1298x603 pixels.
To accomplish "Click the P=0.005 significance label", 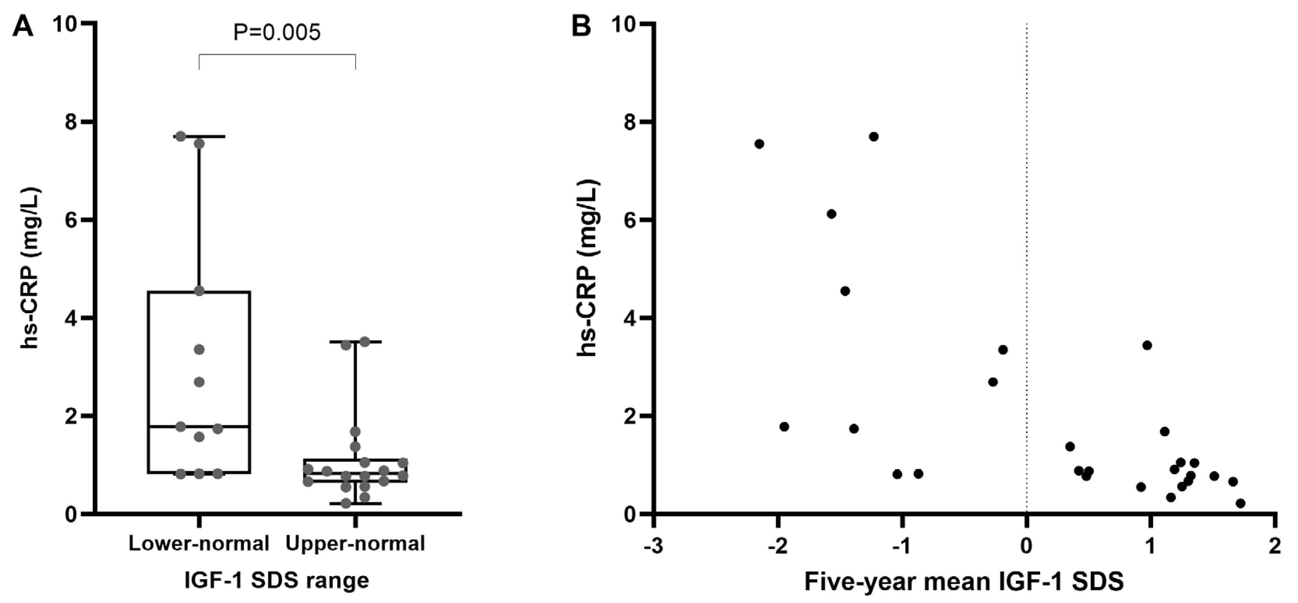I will [x=277, y=33].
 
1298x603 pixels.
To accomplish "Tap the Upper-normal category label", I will [x=355, y=543].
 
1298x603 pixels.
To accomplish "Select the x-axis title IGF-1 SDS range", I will [x=277, y=580].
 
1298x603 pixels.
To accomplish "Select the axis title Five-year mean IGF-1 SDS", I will [x=964, y=581].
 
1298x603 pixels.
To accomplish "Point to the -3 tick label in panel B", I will [x=653, y=546].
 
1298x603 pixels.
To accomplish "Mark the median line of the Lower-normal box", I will [x=199, y=427].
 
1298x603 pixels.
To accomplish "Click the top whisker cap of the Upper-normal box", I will [x=355, y=342].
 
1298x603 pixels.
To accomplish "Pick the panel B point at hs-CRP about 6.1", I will [x=832, y=214].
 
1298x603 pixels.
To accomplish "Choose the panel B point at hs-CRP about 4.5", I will [x=845, y=291].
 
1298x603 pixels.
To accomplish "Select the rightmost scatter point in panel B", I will [x=1241, y=503].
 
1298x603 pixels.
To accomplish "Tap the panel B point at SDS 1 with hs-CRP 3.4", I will [x=1147, y=345].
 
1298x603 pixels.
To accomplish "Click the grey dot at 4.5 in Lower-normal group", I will [x=199, y=291].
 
